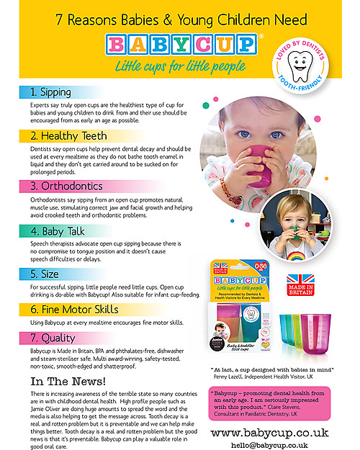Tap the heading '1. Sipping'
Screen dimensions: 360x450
pos(51,94)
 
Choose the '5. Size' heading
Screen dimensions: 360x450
pos(45,274)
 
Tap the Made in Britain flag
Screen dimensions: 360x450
pos(302,280)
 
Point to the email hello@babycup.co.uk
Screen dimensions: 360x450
pos(270,445)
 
